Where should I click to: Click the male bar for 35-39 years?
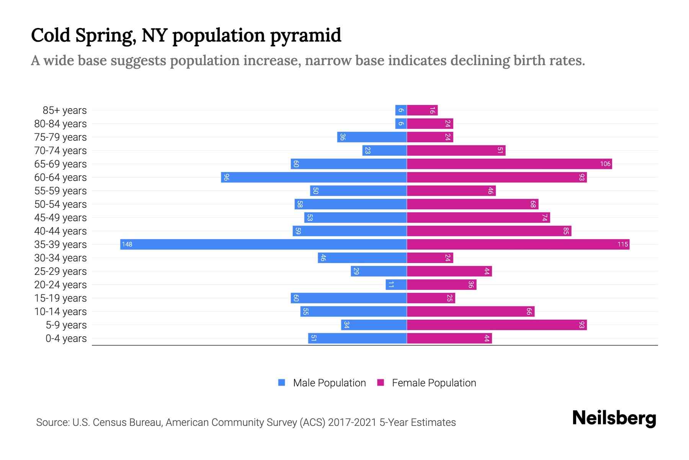tap(263, 245)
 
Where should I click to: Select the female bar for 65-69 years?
tap(509, 164)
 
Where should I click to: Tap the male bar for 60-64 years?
tap(314, 177)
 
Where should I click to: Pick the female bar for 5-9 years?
tap(496, 325)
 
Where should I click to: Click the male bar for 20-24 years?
tap(396, 285)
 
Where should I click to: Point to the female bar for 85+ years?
tap(422, 110)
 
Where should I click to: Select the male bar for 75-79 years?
tap(372, 137)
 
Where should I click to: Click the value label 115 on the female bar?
tap(622, 245)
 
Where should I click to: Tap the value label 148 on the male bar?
tap(127, 245)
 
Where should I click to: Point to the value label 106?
tap(605, 164)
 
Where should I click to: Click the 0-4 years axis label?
tap(66, 338)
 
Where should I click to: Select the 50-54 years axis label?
tap(60, 204)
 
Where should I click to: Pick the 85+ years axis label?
tap(65, 110)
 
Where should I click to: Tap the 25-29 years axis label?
tap(60, 271)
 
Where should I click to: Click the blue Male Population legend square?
tap(282, 383)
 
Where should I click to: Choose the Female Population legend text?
tap(434, 383)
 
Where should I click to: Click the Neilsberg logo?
tap(614, 418)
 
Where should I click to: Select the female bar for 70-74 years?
tap(456, 151)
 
